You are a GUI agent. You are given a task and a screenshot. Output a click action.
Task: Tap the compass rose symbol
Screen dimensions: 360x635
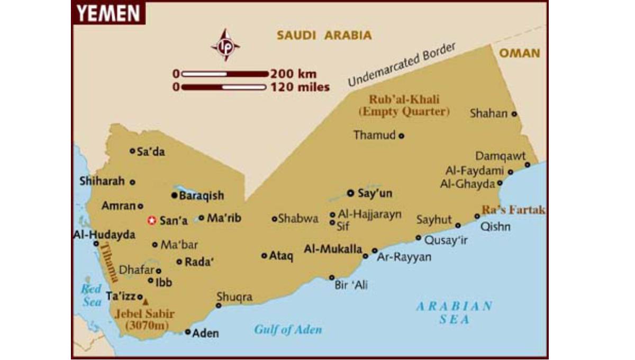tap(225, 45)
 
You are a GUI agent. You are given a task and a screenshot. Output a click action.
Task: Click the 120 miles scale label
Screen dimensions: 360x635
tap(300, 87)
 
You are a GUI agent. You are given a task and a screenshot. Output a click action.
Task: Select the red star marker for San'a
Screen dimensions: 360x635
tap(151, 221)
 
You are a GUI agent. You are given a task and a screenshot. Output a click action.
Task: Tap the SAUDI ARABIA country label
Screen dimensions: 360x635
tap(324, 35)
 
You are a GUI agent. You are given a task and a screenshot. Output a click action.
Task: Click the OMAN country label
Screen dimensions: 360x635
tap(520, 53)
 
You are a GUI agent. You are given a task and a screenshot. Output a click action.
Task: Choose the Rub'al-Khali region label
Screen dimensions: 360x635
tap(404, 100)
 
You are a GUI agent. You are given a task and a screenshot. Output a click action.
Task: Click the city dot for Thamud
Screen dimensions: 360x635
tap(401, 136)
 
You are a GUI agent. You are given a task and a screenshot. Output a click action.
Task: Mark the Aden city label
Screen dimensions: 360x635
tap(205, 334)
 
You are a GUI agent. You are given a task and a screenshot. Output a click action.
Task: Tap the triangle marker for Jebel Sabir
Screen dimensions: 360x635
tap(146, 299)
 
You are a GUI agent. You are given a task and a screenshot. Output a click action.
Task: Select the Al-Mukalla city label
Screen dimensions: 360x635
tap(333, 249)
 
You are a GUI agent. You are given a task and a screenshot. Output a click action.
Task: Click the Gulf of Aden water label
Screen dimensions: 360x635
tap(288, 329)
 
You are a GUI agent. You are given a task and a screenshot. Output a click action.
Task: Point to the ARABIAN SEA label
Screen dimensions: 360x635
tap(454, 312)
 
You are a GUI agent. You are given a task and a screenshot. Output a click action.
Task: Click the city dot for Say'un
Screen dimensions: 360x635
tap(350, 193)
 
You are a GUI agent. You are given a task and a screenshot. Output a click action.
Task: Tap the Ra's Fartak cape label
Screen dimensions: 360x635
tap(513, 210)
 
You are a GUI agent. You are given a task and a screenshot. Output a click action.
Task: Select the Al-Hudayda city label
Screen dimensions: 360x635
tap(104, 235)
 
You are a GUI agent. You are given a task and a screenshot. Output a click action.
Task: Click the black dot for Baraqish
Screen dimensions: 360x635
tap(174, 195)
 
